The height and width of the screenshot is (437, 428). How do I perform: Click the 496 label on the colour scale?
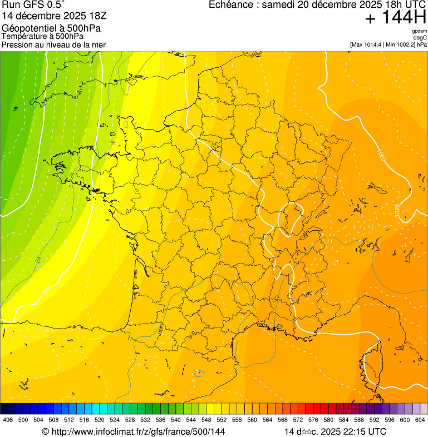8,419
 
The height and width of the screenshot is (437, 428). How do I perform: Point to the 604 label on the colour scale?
420,419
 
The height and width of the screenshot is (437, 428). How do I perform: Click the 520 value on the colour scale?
100,419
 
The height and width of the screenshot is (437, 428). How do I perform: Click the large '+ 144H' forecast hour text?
396,18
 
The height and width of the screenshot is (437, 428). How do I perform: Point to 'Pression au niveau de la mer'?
54,44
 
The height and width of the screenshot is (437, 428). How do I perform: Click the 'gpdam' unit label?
419,31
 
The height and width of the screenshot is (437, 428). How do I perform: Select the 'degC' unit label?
420,37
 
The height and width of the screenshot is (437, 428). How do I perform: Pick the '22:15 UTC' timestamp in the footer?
362,431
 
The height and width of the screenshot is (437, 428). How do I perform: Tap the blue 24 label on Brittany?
72,175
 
